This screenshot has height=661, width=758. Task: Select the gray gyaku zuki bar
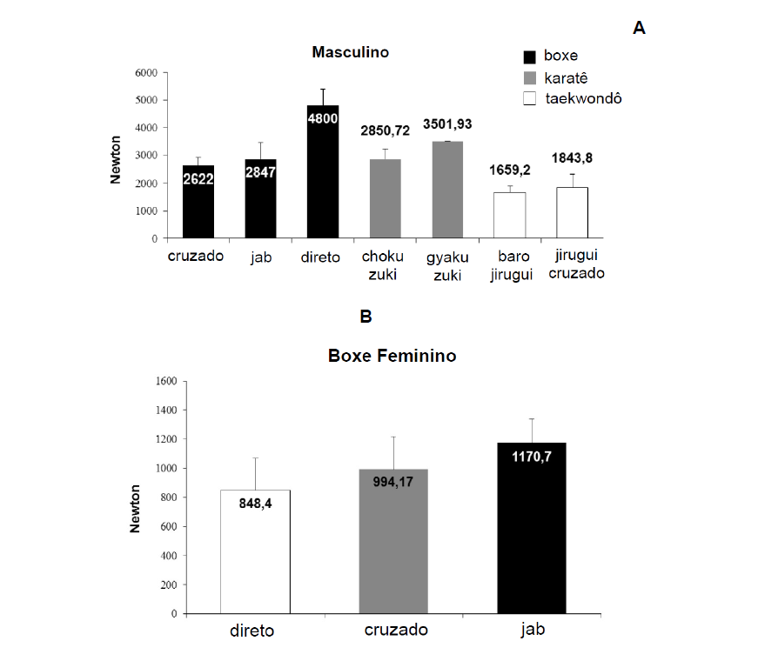[447, 190]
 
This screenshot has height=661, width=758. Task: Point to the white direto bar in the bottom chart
[255, 551]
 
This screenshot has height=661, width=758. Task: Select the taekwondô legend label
[583, 98]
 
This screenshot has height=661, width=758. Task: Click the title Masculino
[351, 52]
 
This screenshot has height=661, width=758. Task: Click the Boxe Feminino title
[392, 356]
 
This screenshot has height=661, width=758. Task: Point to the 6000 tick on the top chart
[145, 72]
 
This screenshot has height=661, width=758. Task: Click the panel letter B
[366, 317]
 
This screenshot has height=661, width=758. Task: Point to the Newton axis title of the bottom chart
[136, 509]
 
